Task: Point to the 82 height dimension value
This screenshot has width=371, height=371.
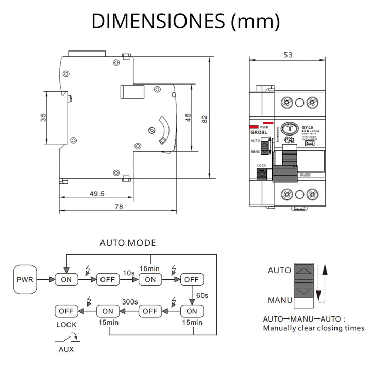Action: point(205,118)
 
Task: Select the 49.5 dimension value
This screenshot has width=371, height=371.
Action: point(96,194)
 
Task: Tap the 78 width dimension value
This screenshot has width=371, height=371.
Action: point(119,207)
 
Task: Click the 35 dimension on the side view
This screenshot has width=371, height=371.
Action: point(43,118)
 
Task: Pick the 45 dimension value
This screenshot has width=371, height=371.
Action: point(188,118)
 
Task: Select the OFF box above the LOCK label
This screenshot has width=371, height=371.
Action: point(66,311)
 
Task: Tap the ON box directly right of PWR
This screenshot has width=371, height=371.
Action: point(66,279)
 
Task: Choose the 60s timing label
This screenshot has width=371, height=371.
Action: point(202,295)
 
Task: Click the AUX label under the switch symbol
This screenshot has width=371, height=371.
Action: point(65,349)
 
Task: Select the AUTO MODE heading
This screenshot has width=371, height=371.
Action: point(127,243)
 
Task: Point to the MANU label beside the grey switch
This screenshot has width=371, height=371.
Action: point(280,299)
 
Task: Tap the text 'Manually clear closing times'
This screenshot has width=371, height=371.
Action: point(313,328)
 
